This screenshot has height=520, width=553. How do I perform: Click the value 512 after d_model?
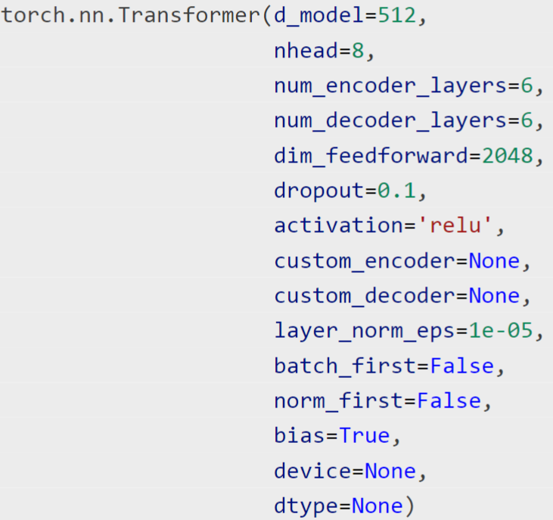(x=396, y=16)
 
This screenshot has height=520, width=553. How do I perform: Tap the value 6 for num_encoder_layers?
(x=527, y=86)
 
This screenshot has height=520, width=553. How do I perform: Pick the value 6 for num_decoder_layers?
(x=527, y=121)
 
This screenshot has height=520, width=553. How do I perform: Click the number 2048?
(x=507, y=156)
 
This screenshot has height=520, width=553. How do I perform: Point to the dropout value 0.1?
(x=396, y=191)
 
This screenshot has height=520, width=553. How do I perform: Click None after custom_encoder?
(x=494, y=261)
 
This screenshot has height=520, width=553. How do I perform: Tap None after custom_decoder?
(x=494, y=296)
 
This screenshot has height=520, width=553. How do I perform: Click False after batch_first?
(x=461, y=366)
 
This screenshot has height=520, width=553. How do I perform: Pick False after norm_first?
(x=449, y=401)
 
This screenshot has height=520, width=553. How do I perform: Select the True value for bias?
(x=364, y=435)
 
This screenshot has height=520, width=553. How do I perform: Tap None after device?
(x=390, y=471)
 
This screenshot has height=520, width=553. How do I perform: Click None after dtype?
(x=377, y=506)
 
